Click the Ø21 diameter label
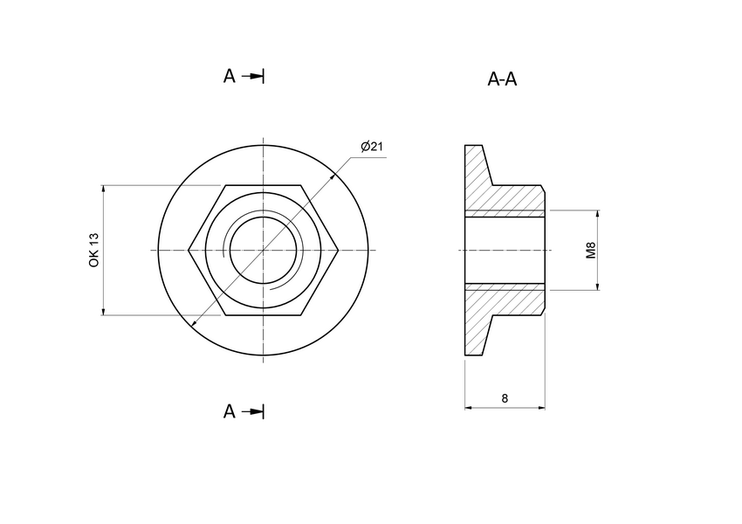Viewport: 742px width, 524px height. [x=372, y=146]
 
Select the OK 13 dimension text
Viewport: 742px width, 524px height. [x=94, y=250]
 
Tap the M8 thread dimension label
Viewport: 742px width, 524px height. [x=591, y=251]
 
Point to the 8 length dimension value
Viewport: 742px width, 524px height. [x=505, y=398]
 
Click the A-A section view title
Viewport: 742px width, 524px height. [x=502, y=79]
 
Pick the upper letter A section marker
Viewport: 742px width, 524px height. [x=229, y=76]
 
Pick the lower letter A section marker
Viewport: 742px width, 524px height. [x=229, y=411]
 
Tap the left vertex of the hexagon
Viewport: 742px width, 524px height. [x=189, y=251]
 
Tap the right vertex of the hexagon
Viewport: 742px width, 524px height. [x=339, y=251]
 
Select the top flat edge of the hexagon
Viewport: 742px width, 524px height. [x=264, y=185]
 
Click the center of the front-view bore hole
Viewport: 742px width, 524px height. [x=264, y=251]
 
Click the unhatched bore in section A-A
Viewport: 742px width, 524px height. [x=505, y=251]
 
